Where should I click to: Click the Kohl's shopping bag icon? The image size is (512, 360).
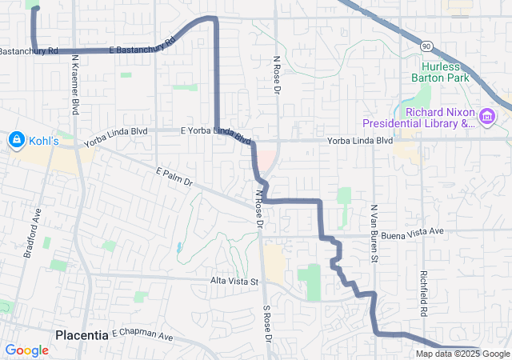click(x=15, y=141)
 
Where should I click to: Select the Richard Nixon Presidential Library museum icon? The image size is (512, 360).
click(x=487, y=118)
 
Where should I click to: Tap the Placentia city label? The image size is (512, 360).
click(x=82, y=334)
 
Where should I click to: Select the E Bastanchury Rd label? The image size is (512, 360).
click(x=142, y=46)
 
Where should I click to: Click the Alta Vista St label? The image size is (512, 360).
click(x=235, y=281)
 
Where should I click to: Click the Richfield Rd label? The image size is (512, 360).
click(x=424, y=291)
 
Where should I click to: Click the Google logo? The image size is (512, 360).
click(x=27, y=350)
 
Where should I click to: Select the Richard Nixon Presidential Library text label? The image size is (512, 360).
click(x=418, y=118)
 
